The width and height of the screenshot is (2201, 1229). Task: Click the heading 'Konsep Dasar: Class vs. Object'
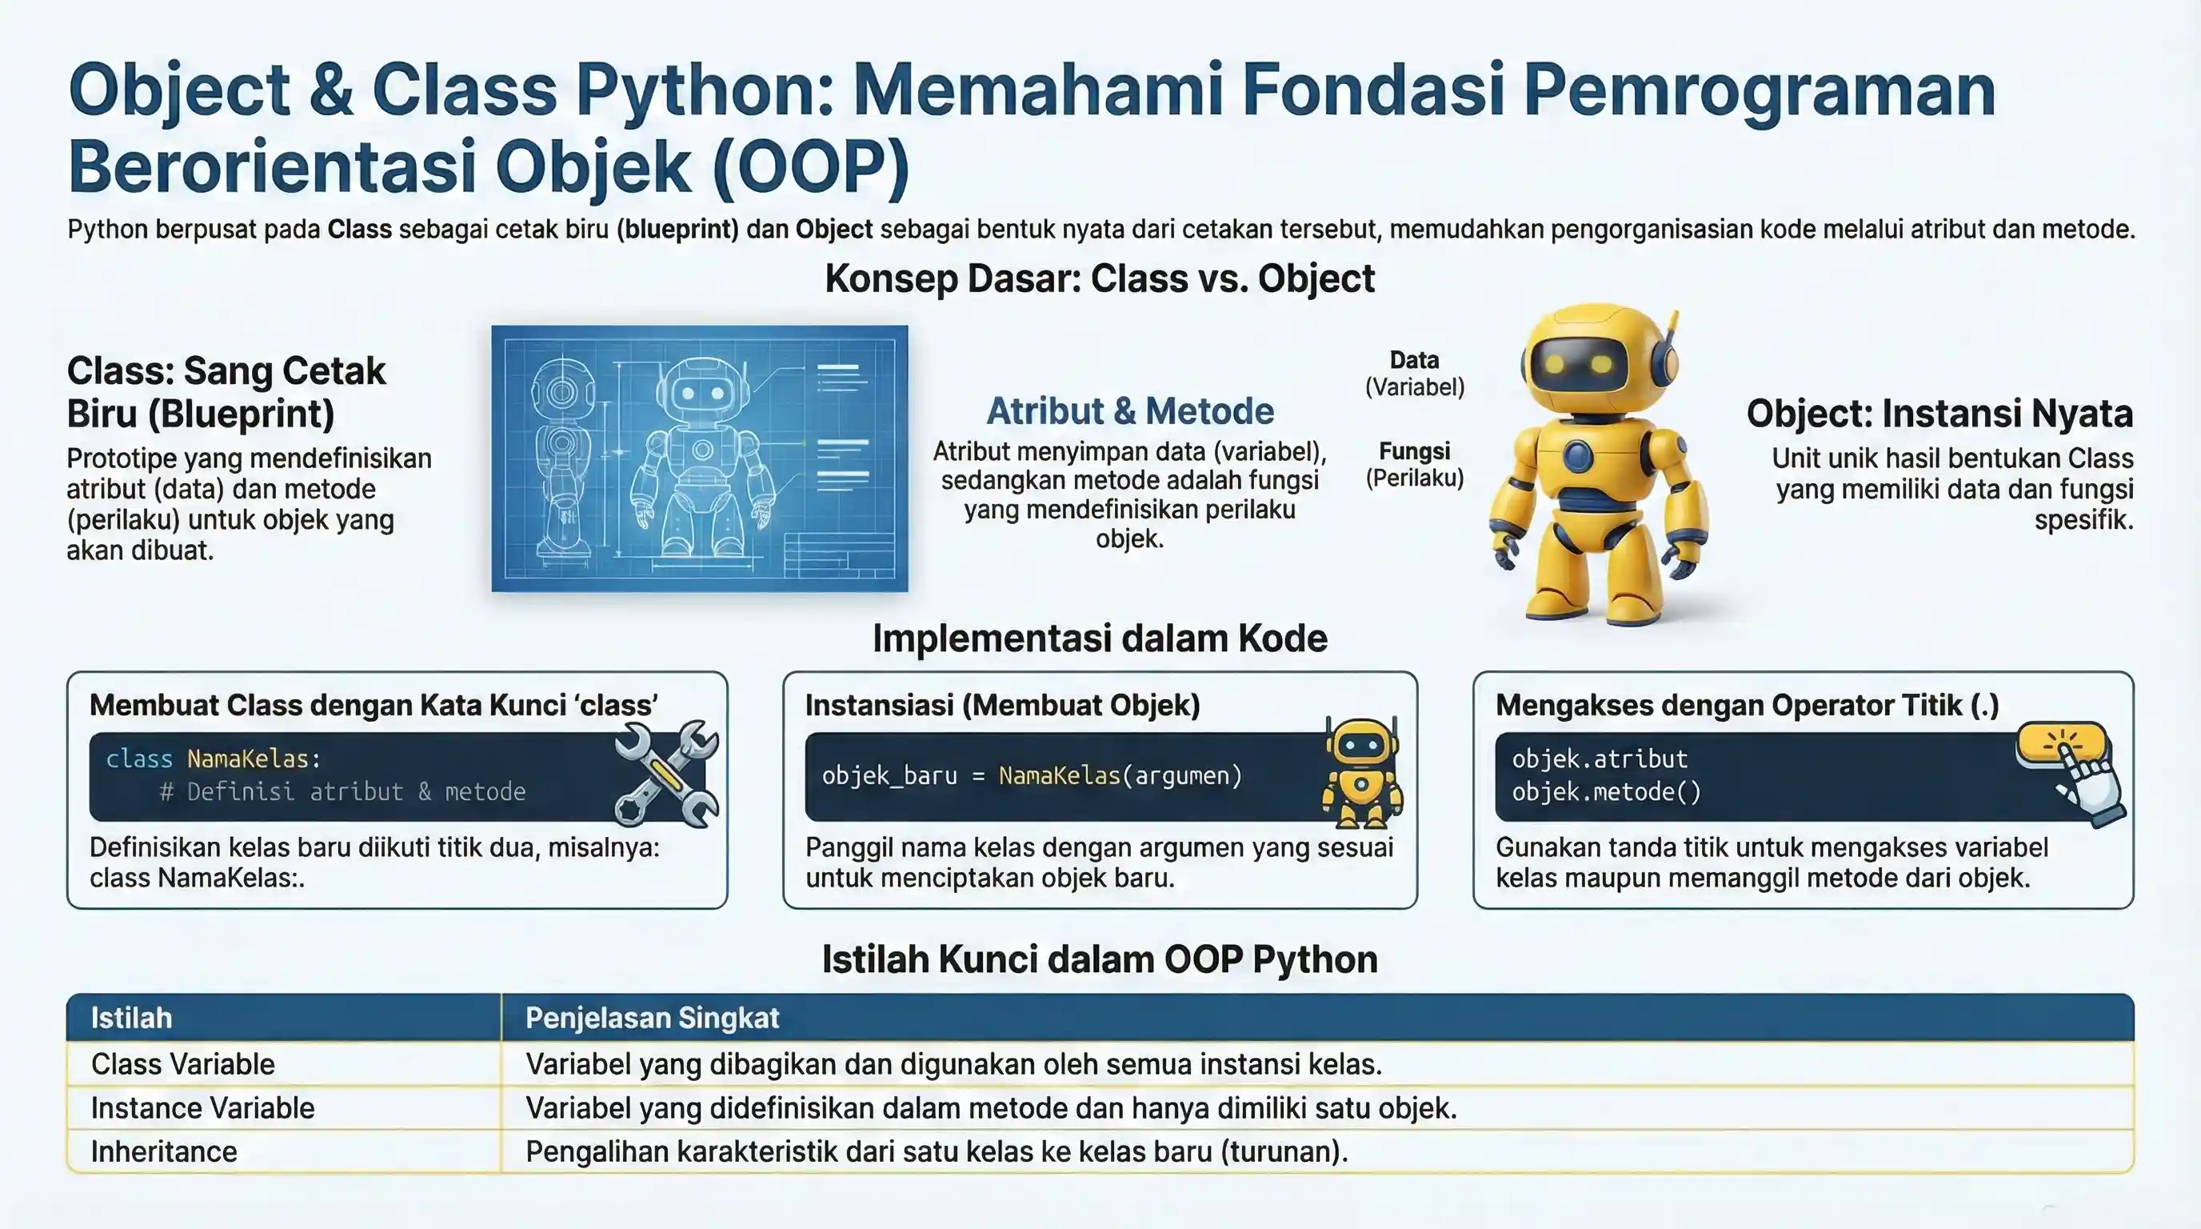point(1100,278)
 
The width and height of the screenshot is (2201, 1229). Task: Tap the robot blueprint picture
point(699,458)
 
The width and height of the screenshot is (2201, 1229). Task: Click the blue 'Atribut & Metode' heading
point(1129,411)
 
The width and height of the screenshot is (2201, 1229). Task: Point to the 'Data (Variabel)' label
point(1414,374)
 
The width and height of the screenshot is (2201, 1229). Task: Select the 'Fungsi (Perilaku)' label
point(1414,464)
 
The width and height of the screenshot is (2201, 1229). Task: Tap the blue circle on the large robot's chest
point(1577,454)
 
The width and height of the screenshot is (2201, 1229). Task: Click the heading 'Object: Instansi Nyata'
point(1939,414)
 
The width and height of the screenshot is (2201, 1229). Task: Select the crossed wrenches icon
point(666,774)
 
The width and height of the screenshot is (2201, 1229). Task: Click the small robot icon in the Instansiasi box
point(1362,774)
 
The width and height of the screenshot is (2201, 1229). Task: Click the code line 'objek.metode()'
point(1606,792)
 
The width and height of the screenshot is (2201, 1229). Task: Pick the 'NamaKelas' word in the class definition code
point(248,759)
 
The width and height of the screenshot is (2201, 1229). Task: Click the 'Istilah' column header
point(132,1018)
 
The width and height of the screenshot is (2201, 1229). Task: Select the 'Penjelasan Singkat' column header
point(652,1018)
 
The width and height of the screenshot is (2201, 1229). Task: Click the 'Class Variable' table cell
point(183,1064)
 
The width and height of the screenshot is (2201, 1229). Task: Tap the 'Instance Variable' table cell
point(202,1107)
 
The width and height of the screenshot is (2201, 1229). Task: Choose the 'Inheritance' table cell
point(164,1151)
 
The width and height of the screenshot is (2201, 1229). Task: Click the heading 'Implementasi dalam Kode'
point(1100,639)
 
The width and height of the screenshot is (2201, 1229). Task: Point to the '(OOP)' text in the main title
point(810,166)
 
